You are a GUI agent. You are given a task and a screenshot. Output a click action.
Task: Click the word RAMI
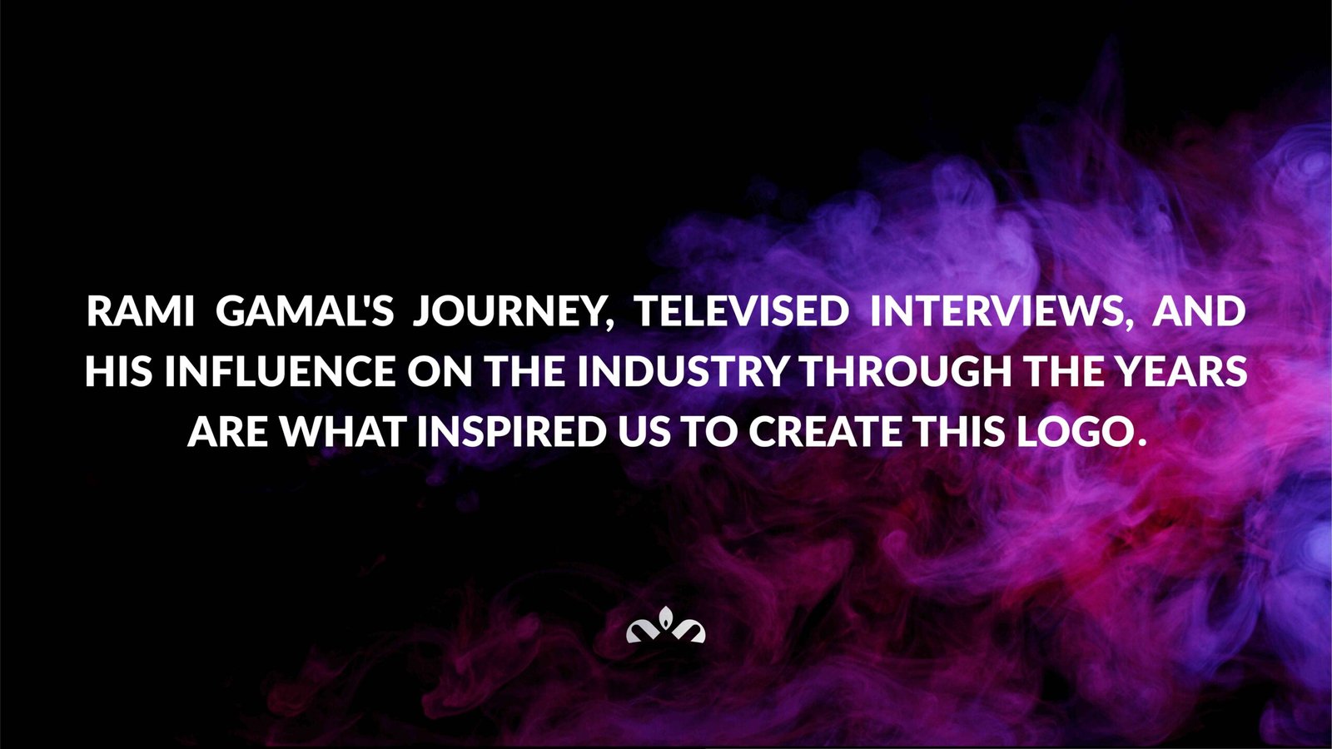pyautogui.click(x=141, y=311)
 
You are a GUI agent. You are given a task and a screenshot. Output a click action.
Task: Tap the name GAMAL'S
pyautogui.click(x=305, y=311)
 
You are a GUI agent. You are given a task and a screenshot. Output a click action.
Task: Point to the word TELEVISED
pyautogui.click(x=742, y=311)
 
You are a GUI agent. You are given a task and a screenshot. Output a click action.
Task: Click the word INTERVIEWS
pyautogui.click(x=995, y=311)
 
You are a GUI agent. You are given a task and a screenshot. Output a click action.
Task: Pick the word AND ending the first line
pyautogui.click(x=1199, y=311)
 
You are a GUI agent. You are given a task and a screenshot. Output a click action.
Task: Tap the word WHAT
pyautogui.click(x=345, y=432)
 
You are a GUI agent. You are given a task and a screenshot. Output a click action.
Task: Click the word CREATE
pyautogui.click(x=825, y=432)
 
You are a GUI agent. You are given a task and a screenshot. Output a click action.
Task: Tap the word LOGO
pyautogui.click(x=1074, y=432)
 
